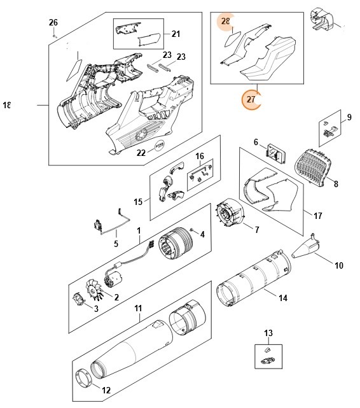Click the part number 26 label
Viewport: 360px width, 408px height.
[53, 22]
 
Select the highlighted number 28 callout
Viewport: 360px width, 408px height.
[226, 22]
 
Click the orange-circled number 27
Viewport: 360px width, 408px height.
[251, 99]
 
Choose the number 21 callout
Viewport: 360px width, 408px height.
[176, 33]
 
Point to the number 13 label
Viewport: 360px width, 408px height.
[268, 334]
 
